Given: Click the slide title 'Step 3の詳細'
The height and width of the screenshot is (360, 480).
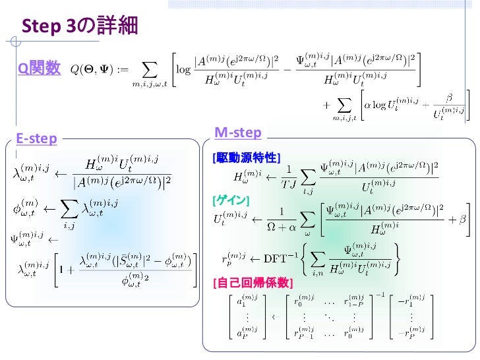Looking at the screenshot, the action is click(x=80, y=26).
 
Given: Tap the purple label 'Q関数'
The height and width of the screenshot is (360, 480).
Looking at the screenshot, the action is click(x=39, y=67).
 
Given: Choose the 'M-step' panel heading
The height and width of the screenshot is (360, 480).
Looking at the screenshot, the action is click(x=238, y=133).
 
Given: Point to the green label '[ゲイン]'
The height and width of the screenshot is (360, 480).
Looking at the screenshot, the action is click(x=230, y=199).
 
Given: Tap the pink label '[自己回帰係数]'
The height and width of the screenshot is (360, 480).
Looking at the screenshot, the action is click(x=251, y=283).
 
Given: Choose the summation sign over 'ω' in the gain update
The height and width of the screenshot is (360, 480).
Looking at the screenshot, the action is click(x=307, y=219).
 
